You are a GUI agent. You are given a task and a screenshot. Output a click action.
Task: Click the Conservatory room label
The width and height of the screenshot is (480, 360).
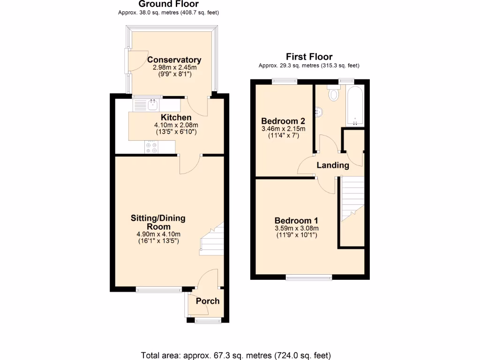pos(174,60)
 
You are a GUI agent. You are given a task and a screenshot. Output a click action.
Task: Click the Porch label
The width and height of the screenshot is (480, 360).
pos(207,301)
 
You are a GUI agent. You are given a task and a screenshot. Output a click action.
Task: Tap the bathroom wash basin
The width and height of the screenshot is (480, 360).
pos(318,112)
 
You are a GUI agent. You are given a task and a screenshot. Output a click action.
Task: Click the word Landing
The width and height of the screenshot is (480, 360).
pos(333,165)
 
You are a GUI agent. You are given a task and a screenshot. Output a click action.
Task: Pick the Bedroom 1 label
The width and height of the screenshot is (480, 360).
pos(296,221)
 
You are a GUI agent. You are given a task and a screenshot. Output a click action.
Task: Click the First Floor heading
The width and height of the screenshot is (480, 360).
pos(309,57)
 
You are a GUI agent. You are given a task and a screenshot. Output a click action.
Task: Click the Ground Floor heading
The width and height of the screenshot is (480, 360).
pos(168,4)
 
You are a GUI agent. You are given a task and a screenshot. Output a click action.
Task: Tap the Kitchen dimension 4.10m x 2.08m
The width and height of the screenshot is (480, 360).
pos(176,125)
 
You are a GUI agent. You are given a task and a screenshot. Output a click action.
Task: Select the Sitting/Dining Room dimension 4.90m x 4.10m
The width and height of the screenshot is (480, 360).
pos(158,234)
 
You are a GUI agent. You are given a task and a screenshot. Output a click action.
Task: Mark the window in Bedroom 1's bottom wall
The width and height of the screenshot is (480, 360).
pos(309,278)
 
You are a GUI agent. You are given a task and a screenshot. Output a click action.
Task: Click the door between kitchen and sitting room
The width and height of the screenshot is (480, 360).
pos(189,164)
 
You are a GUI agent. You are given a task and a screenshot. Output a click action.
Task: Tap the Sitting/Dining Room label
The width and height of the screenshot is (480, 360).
pos(158,222)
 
